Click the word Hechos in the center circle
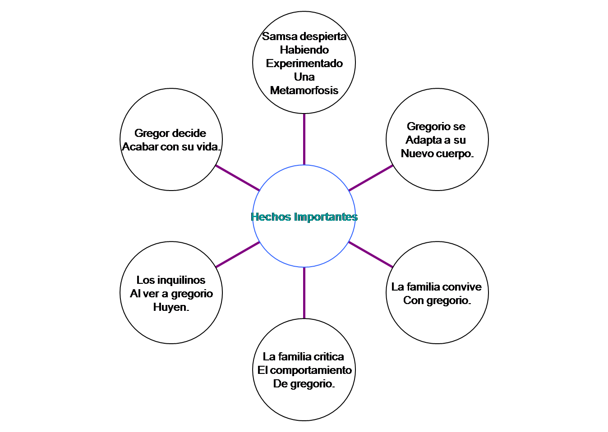[271, 217]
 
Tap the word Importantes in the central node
[326, 217]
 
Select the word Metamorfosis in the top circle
[304, 91]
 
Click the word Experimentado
[304, 64]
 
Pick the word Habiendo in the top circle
[304, 50]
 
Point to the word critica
[329, 357]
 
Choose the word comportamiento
[311, 370]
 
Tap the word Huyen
[170, 307]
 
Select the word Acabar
[138, 147]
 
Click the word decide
[189, 133]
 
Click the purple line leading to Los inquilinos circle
[238, 255]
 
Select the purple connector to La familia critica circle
[304, 293]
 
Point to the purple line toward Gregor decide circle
[238, 178]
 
